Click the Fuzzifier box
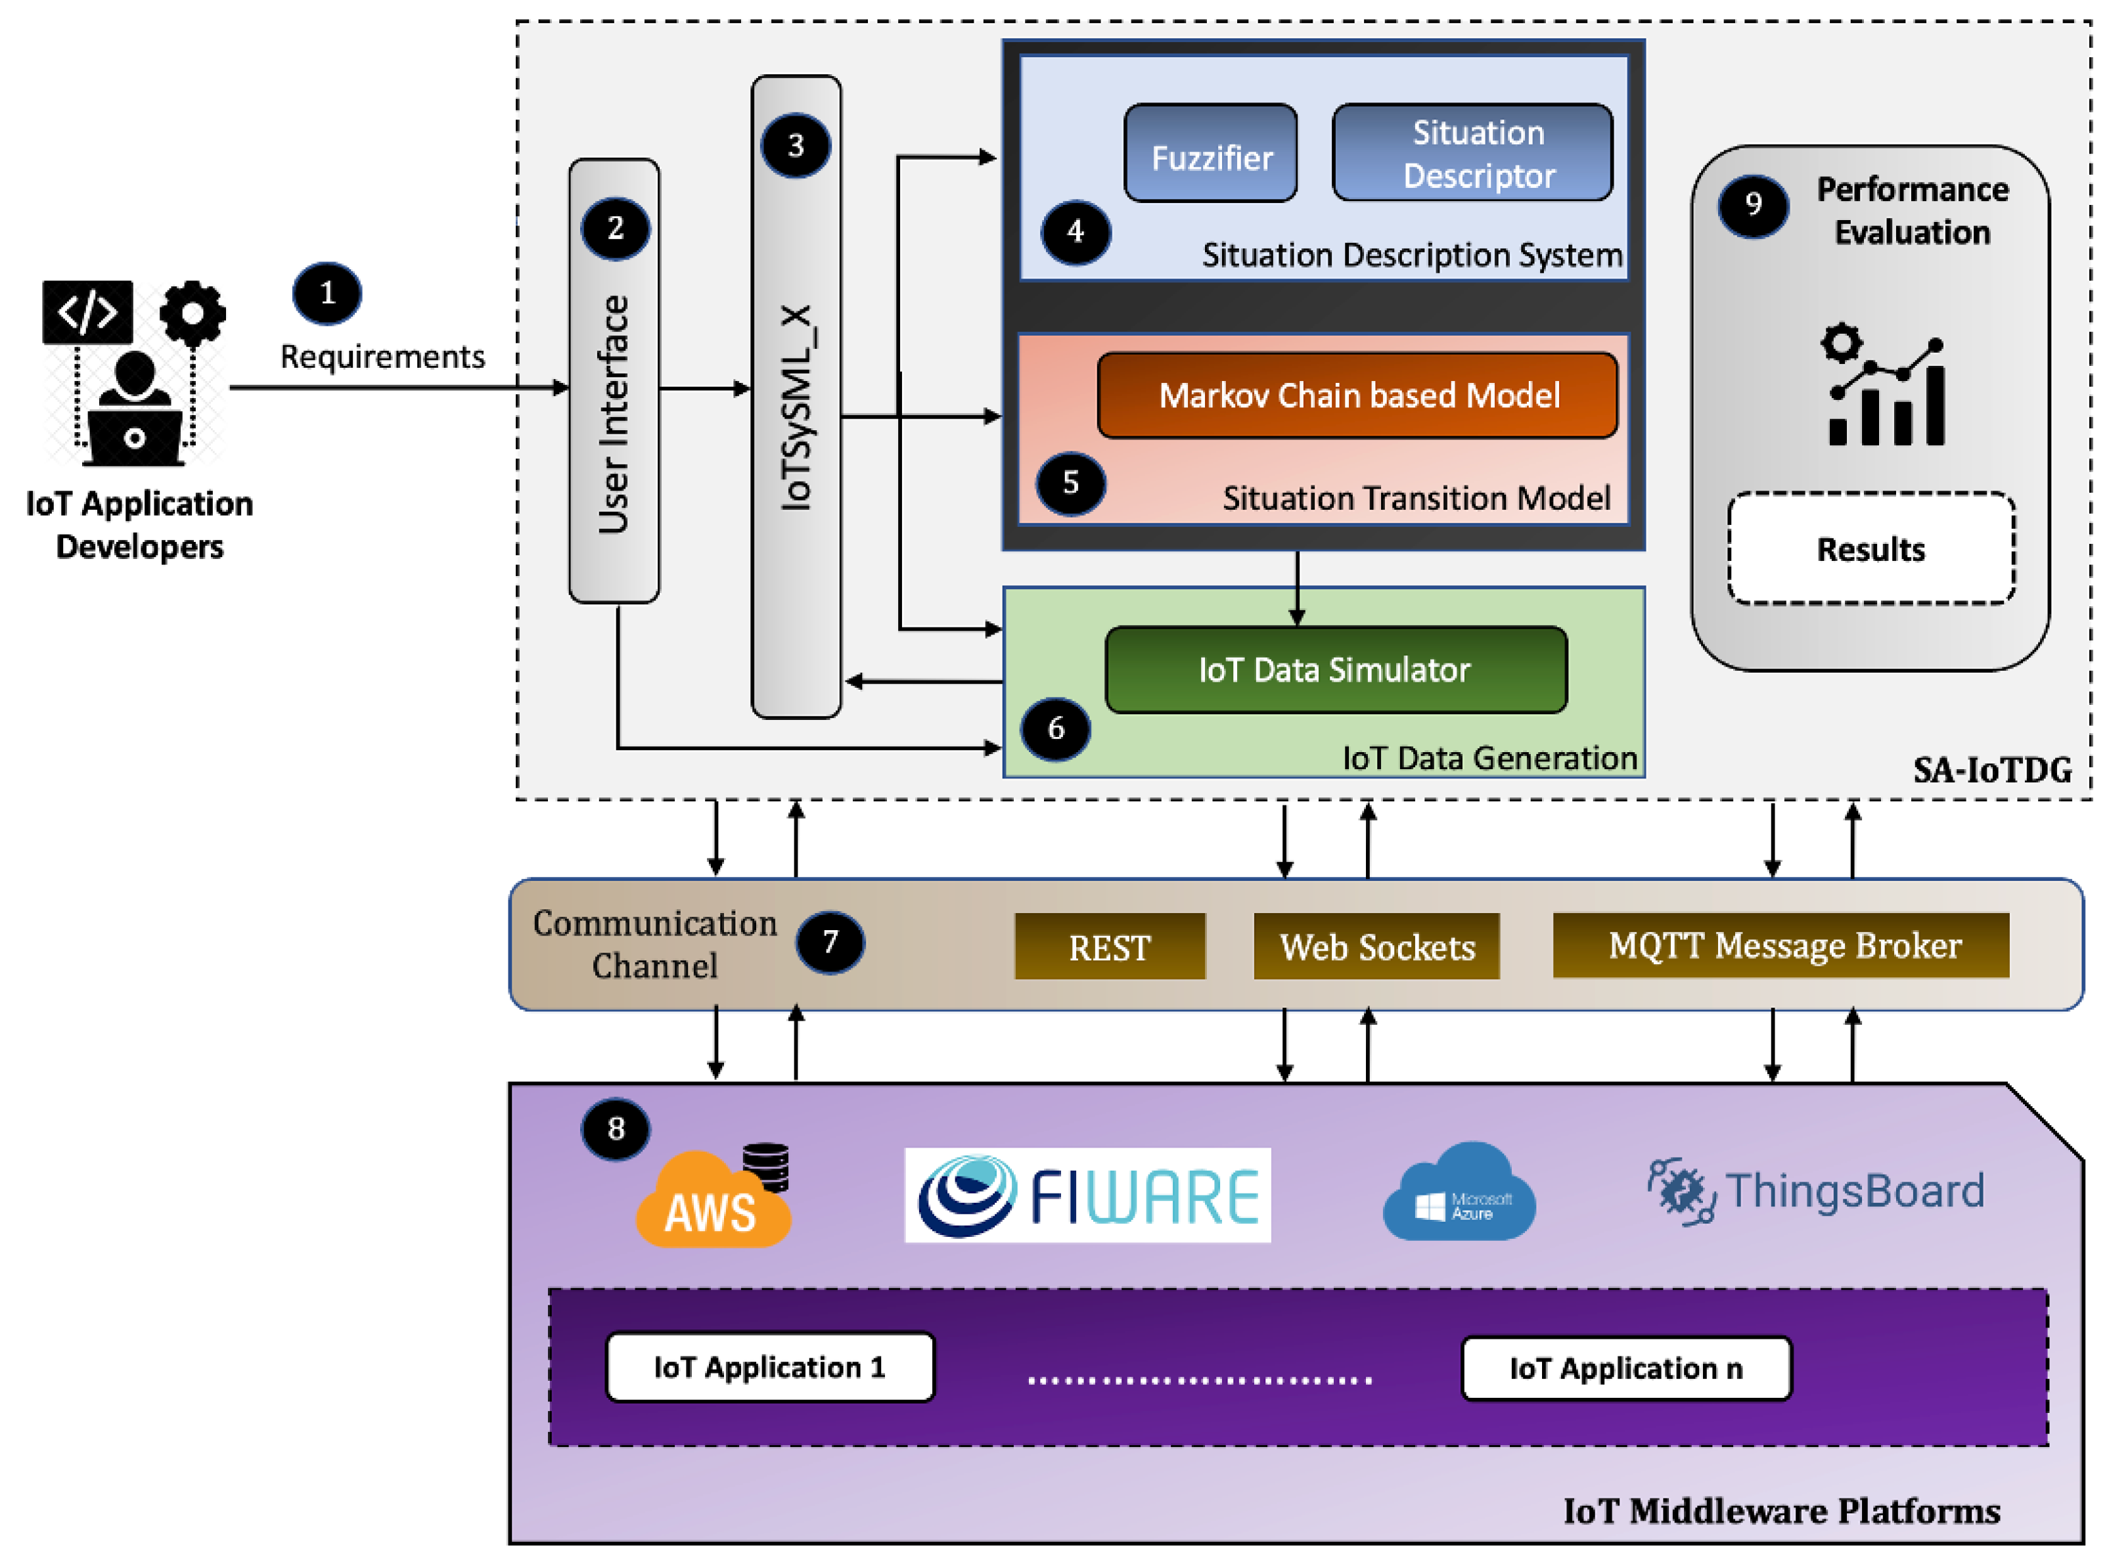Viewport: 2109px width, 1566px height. coord(1210,154)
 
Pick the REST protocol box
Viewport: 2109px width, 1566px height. coord(1109,946)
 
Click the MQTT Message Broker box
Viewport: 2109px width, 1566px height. coord(1780,945)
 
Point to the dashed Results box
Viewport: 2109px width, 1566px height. coord(1870,549)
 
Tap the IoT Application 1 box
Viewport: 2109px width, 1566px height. coord(769,1367)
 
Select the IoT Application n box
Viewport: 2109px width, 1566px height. coord(1625,1368)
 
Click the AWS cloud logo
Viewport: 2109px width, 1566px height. coord(713,1199)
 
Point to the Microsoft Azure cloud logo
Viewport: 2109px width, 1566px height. coord(1459,1194)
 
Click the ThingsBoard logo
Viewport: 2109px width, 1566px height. coord(1815,1192)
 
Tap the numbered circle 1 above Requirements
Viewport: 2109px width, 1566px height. coord(327,294)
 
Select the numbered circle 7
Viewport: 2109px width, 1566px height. coord(829,942)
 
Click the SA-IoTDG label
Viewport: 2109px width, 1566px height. coord(1991,770)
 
